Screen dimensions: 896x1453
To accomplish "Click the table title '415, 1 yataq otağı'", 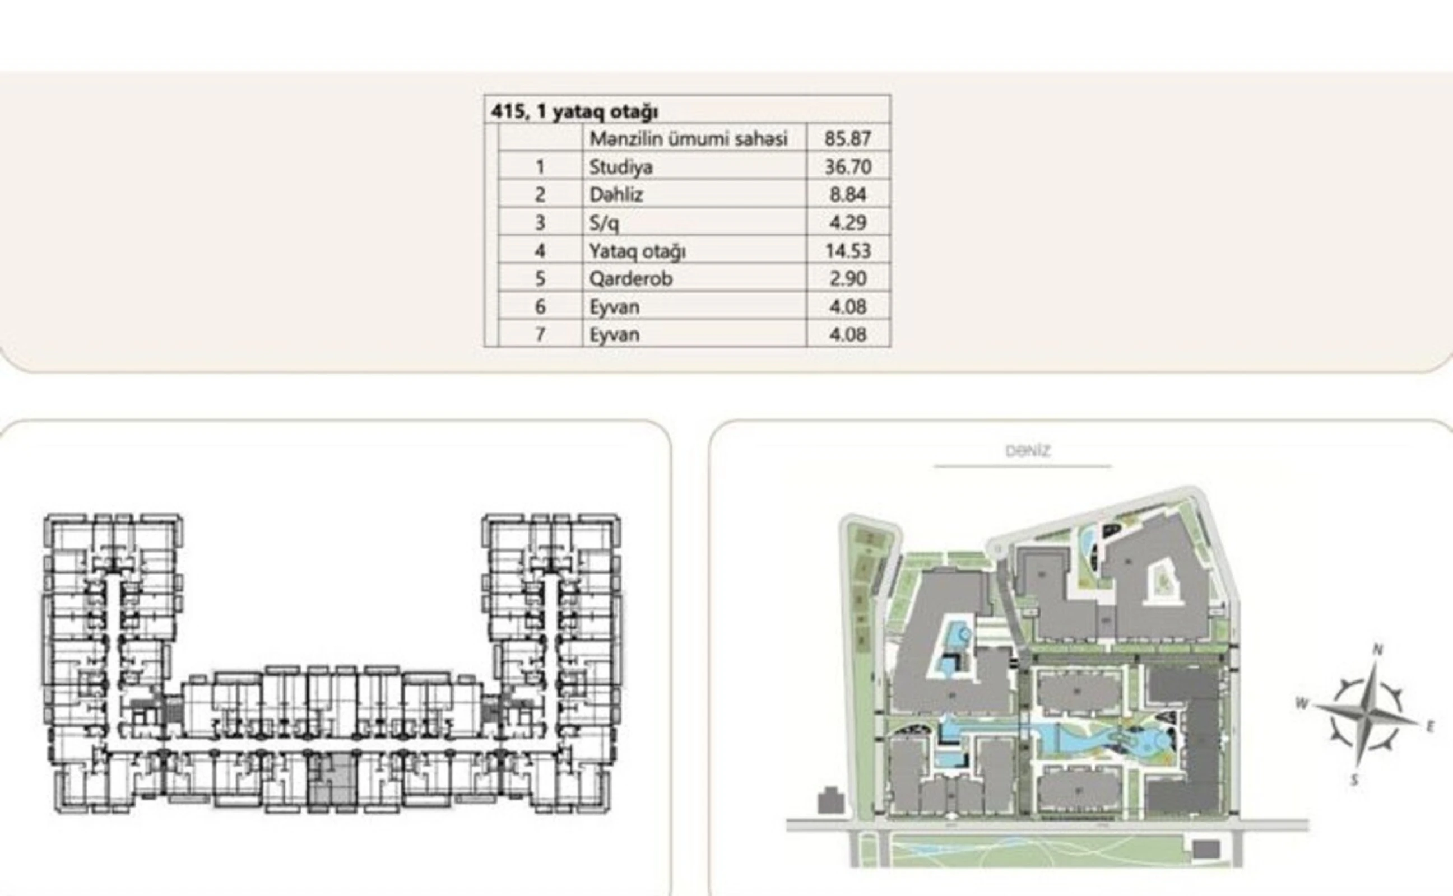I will [x=574, y=111].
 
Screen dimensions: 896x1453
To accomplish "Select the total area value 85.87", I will [x=848, y=139].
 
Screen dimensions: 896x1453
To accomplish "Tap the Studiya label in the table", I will [x=621, y=167].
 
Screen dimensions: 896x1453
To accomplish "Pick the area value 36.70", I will [x=848, y=167].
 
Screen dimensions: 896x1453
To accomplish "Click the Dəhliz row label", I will [x=616, y=195].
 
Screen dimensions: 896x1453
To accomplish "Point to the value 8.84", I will [x=848, y=195].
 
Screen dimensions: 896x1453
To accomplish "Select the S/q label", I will [x=604, y=223].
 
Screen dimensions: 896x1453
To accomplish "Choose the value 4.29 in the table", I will [x=848, y=223].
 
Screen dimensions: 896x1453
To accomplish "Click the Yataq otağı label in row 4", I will [x=637, y=251].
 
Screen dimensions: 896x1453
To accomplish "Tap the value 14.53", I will [x=848, y=251].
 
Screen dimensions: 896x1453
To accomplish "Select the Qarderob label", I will [x=631, y=278].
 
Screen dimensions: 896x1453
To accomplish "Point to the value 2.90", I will [x=848, y=278].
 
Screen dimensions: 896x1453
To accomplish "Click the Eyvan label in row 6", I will [x=614, y=307].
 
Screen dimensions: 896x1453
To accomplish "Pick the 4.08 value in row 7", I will [x=848, y=335].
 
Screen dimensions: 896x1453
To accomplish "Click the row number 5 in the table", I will [x=540, y=278].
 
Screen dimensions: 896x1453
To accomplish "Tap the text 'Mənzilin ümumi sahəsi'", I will [x=688, y=139].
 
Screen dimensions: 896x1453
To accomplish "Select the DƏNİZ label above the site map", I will [x=1027, y=451].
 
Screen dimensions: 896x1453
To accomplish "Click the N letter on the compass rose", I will [x=1378, y=650].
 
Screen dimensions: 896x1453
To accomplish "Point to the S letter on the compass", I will [x=1354, y=781].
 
